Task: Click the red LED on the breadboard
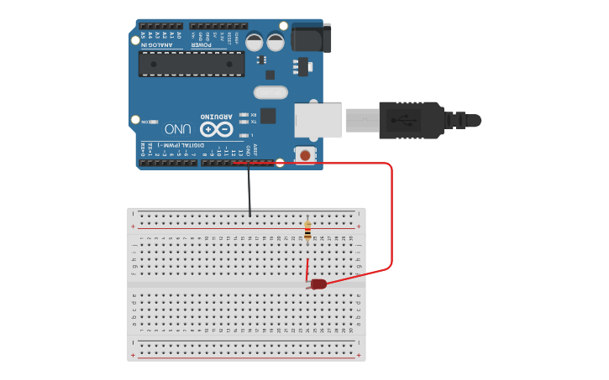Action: [318, 284]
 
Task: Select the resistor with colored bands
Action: [307, 229]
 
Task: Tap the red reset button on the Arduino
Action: [304, 154]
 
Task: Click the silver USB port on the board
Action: [318, 120]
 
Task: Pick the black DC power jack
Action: [310, 38]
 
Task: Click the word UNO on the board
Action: [177, 129]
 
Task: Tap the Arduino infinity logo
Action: [216, 128]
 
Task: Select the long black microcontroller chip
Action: [192, 64]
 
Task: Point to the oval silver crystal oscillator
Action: [270, 92]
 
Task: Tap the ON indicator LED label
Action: [144, 122]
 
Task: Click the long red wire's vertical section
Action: [391, 218]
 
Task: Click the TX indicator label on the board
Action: [253, 122]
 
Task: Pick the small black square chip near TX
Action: [268, 116]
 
